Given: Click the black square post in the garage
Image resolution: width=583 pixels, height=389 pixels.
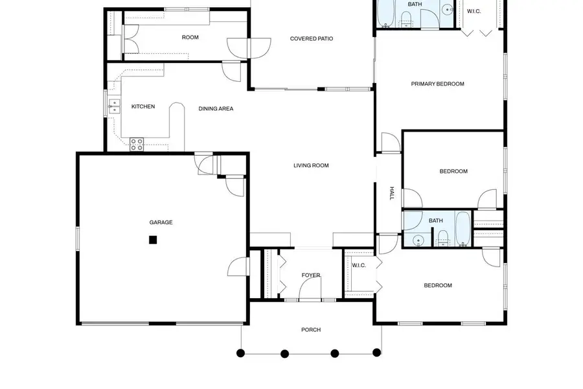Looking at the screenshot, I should pos(153,240).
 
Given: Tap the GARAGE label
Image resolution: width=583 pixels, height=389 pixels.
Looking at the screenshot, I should pos(161,222).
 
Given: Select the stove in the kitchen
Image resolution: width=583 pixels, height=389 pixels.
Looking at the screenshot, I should pos(137,144).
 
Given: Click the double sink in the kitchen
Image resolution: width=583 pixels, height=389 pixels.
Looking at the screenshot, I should pos(115,106).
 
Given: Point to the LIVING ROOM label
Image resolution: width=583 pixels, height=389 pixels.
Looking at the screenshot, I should pos(311,165).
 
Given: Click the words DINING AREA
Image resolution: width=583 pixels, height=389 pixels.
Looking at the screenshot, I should pos(216,108).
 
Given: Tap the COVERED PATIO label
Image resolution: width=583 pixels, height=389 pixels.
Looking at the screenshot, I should pos(312,39).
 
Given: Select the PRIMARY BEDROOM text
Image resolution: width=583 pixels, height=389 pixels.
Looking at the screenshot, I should pos(438,84).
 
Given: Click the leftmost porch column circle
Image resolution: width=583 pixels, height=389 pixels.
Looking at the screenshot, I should pos(241,353).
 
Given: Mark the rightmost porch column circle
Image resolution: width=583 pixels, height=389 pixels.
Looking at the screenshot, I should pos(377,353).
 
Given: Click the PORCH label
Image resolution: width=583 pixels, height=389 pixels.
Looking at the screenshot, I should pos(311,329).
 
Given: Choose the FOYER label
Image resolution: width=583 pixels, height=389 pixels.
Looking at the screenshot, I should pos(311,275).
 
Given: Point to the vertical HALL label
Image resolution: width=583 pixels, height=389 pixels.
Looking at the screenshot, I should pos(391,193).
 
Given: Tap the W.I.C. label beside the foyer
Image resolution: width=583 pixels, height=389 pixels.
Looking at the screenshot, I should pos(359,265).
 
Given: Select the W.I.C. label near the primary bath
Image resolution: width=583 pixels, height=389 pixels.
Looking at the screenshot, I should pos(474,10).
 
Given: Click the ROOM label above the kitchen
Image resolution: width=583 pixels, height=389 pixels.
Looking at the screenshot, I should pos(190,37).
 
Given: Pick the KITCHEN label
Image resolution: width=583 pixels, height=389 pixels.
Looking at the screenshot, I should pos(143,106).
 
